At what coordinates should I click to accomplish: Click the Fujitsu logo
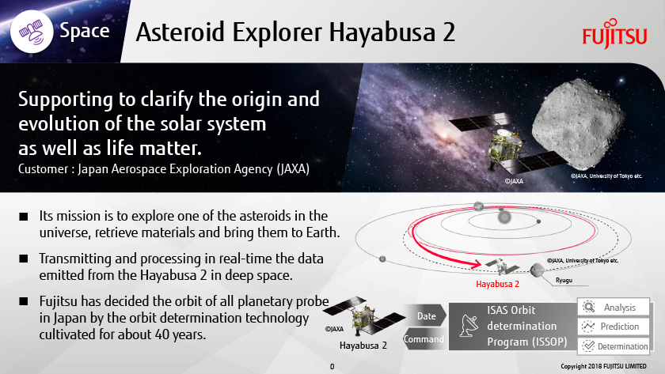[x=614, y=33]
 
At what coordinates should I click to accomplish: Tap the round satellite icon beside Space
[x=32, y=31]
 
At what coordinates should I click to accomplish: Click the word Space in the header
[x=85, y=31]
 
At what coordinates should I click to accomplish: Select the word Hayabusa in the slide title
[x=382, y=33]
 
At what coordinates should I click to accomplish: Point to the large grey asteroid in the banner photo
[x=578, y=124]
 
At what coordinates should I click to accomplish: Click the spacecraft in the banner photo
[x=507, y=145]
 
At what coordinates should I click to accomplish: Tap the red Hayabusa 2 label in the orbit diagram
[x=497, y=284]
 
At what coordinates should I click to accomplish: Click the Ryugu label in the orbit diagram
[x=564, y=280]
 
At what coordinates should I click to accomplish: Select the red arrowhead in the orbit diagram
[x=477, y=264]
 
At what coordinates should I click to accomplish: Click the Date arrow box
[x=426, y=316]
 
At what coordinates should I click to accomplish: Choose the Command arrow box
[x=424, y=339]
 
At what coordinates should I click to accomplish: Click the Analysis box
[x=614, y=307]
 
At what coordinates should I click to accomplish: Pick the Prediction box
[x=614, y=326]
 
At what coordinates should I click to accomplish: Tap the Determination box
[x=614, y=346]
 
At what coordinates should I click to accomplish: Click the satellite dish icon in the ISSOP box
[x=469, y=326]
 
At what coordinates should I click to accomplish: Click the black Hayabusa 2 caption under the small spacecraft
[x=363, y=346]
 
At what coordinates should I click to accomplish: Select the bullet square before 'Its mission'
[x=23, y=217]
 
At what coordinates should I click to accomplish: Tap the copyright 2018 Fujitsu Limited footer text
[x=603, y=366]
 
